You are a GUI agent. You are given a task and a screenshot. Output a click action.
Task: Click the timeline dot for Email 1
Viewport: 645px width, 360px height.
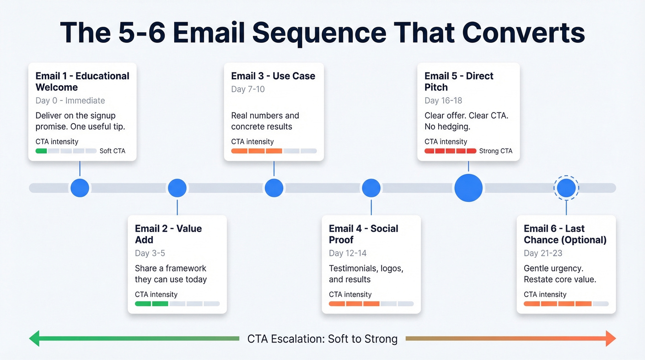(x=80, y=188)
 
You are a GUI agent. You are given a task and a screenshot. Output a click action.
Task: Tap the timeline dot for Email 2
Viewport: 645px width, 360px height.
(x=177, y=188)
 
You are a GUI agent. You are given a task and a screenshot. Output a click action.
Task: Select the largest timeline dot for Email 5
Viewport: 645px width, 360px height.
(x=469, y=188)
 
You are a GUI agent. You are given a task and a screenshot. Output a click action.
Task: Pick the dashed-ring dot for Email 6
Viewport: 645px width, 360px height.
(x=566, y=188)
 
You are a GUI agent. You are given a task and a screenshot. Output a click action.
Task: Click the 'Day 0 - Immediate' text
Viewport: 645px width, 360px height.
(x=70, y=100)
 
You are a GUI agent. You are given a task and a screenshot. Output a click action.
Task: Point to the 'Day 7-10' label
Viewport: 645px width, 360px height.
(x=248, y=89)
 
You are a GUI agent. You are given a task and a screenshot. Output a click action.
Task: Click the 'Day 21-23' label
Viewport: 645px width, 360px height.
(x=543, y=253)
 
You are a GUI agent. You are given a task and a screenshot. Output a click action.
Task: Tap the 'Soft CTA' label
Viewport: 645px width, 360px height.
(x=112, y=151)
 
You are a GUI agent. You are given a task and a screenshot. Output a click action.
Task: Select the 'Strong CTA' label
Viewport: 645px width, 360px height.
(x=496, y=151)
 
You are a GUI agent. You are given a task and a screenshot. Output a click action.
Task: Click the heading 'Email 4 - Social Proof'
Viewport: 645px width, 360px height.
(x=363, y=234)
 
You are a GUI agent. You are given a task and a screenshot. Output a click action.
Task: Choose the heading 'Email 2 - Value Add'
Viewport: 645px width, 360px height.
(x=168, y=234)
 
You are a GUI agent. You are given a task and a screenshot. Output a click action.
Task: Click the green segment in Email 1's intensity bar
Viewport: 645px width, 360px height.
(x=41, y=151)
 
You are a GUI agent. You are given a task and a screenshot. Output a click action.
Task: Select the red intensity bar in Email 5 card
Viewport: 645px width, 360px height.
(x=450, y=151)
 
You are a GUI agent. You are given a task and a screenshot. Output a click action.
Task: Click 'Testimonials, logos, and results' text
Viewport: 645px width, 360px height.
(x=366, y=274)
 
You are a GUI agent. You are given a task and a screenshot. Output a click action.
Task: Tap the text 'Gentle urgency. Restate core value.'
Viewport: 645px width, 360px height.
(x=560, y=274)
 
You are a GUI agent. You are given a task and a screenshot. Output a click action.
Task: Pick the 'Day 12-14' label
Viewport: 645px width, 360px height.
(x=348, y=253)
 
